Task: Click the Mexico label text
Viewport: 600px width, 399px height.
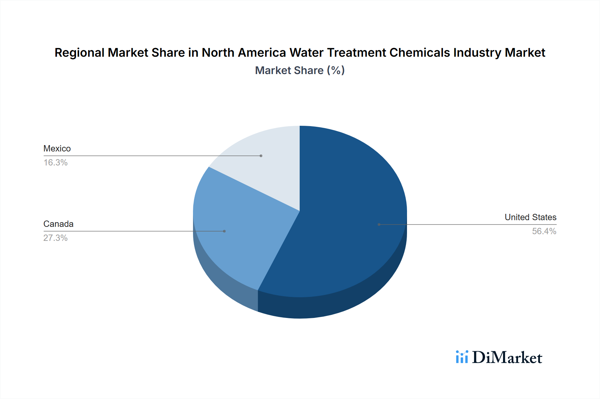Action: pyautogui.click(x=57, y=148)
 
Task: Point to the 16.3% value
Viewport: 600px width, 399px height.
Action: pyautogui.click(x=55, y=162)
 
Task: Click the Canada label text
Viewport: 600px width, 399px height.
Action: pyautogui.click(x=58, y=224)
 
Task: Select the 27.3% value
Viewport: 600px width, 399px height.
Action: pyautogui.click(x=55, y=238)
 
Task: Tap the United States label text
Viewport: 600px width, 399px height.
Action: pyautogui.click(x=530, y=217)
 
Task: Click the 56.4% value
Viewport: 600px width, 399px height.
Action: pyautogui.click(x=544, y=231)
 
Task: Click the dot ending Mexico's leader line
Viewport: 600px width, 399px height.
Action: pyautogui.click(x=261, y=156)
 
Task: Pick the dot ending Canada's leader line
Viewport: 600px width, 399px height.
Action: pyautogui.click(x=224, y=231)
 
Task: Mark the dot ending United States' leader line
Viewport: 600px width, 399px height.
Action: pyautogui.click(x=379, y=225)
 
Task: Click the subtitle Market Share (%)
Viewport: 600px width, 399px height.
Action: pyautogui.click(x=300, y=70)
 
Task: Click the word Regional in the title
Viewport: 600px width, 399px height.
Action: pyautogui.click(x=79, y=53)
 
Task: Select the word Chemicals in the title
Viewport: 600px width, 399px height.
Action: pyautogui.click(x=420, y=53)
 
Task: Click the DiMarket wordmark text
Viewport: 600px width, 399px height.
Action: pyautogui.click(x=507, y=358)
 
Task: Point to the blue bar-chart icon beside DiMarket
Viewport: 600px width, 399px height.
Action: pyautogui.click(x=462, y=357)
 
